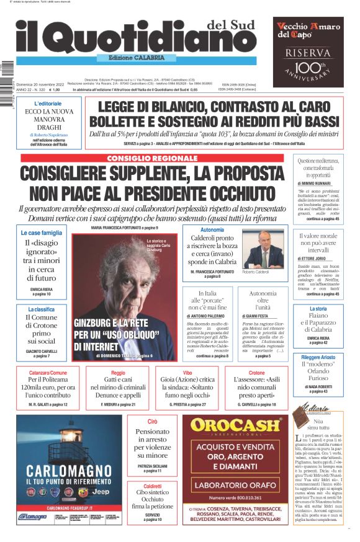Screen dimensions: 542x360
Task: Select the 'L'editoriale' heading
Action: tap(48, 104)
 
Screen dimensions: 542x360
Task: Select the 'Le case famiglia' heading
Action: tap(42, 233)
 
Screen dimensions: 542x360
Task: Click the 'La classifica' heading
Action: tap(41, 309)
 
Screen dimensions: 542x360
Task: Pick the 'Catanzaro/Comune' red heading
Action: tap(48, 373)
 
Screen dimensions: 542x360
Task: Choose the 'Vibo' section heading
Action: tap(187, 373)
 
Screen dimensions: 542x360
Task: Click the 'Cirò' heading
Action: tap(152, 421)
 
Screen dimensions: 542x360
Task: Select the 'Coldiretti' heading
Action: tap(152, 486)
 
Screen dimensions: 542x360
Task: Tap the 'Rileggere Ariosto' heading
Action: tap(318, 357)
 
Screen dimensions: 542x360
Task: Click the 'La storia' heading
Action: tap(318, 308)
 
